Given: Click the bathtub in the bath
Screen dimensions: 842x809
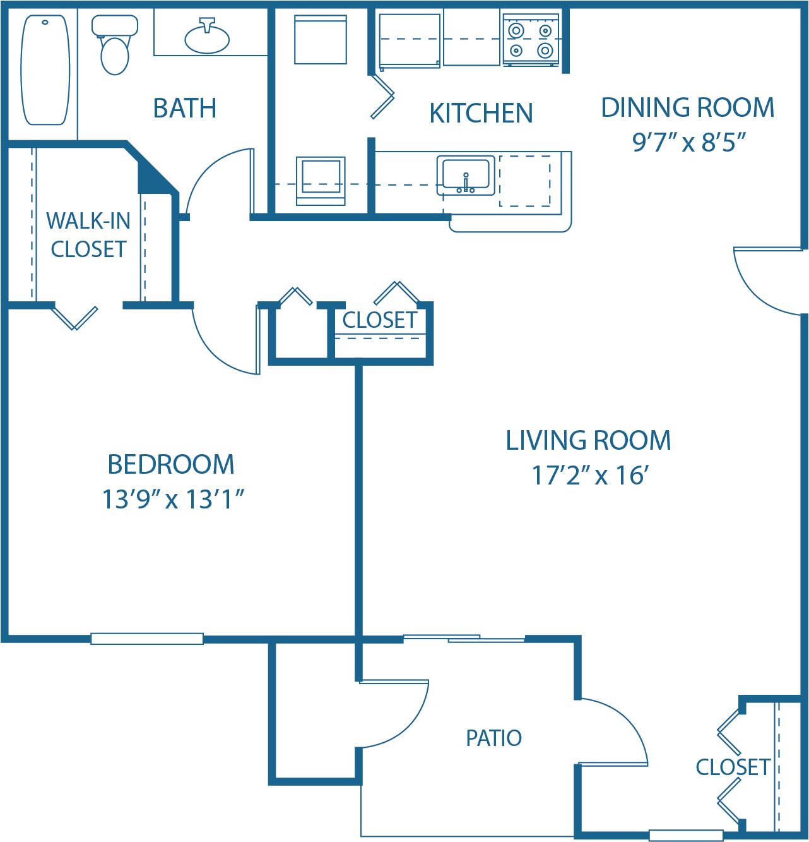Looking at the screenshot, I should (x=45, y=70).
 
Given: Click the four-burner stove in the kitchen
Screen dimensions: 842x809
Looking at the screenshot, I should (x=531, y=40).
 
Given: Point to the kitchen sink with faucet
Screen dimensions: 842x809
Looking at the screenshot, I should (x=466, y=176).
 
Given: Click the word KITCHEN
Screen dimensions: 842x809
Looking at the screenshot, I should (x=481, y=114).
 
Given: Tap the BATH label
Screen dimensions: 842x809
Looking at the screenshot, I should (x=185, y=108).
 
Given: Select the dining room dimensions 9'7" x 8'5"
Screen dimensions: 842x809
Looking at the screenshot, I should (x=688, y=143).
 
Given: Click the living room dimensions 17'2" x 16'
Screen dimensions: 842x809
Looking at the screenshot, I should (x=590, y=476).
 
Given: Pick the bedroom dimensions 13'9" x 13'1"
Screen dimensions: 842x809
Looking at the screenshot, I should (x=173, y=499).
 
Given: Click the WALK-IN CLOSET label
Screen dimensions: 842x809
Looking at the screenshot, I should (x=88, y=235).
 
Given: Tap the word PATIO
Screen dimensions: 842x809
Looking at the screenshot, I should (x=493, y=738).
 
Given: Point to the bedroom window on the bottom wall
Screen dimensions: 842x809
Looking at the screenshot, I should (x=147, y=639).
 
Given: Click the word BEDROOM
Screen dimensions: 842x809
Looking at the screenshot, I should (x=171, y=464).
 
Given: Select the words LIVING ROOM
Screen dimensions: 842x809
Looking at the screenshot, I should (x=588, y=440).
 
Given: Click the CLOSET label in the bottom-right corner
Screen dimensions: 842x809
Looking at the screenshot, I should (x=732, y=767).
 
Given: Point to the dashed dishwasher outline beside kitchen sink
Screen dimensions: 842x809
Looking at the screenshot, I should (x=525, y=181).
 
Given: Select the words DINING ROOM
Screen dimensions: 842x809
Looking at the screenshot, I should (x=687, y=108).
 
